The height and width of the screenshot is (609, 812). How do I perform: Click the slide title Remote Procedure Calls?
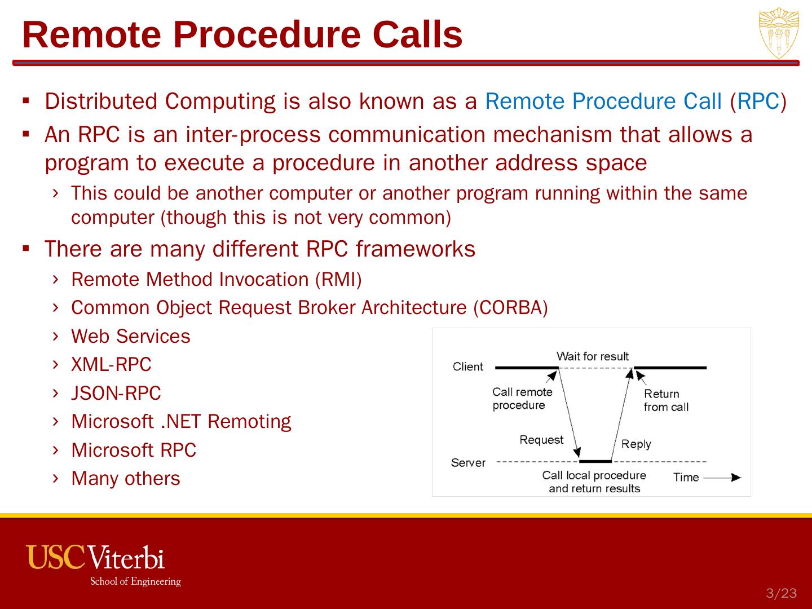242,34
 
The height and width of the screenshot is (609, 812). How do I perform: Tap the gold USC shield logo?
778,33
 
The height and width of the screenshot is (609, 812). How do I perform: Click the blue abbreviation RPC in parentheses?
758,101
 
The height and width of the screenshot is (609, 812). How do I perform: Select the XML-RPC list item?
111,365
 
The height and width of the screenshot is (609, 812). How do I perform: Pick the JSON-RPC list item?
116,393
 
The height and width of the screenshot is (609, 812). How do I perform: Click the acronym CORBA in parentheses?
510,308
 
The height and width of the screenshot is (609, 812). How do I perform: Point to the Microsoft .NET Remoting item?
181,421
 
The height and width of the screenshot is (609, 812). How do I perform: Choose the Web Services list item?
131,336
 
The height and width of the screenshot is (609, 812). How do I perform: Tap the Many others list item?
126,478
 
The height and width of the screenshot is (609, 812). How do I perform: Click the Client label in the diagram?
468,367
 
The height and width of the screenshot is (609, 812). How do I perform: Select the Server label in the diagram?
468,463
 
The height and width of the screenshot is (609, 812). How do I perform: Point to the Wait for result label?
592,356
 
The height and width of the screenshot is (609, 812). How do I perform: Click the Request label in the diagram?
541,440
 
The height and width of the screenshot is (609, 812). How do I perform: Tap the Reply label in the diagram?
636,444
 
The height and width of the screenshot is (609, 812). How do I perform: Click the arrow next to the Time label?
723,478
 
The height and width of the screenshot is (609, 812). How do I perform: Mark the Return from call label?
665,400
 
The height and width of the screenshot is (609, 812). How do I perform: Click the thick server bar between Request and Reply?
595,461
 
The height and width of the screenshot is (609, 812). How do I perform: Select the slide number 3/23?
781,593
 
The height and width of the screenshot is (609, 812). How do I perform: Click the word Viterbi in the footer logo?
126,558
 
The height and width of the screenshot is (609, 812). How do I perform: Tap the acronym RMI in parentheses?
338,280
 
